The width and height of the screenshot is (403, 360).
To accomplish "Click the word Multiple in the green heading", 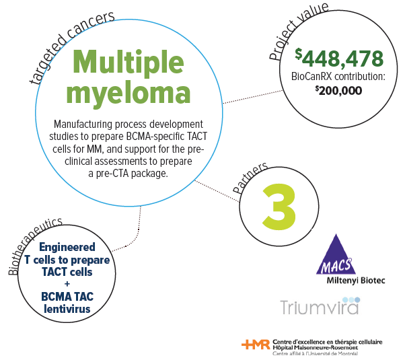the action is tap(129, 63).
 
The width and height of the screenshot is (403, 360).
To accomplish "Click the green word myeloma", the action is tap(129, 94).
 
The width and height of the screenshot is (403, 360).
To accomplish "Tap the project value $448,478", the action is tap(339, 58).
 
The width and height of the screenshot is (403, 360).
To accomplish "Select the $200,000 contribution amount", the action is tap(338, 91).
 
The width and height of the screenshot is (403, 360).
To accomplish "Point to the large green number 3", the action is tap(279, 206).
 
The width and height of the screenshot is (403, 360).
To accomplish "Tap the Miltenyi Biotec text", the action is tap(356, 281).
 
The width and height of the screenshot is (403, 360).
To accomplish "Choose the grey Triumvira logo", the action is tap(320, 306).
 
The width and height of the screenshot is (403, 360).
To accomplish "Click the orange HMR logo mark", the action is tap(256, 345).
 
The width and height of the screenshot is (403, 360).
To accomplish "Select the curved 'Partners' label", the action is tap(249, 178).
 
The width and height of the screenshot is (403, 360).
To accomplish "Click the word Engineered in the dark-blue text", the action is tap(67, 247).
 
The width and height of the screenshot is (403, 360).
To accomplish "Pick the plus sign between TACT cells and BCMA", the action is tap(67, 284).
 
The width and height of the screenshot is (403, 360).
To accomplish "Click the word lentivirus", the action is tap(67, 309).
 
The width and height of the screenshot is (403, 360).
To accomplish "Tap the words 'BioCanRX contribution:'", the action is tap(338, 77).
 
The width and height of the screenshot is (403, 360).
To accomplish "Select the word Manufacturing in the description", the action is tap(83, 124).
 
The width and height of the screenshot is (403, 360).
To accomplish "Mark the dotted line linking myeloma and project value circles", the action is tap(253, 97).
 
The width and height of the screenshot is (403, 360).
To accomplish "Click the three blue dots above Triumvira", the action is tap(351, 300).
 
